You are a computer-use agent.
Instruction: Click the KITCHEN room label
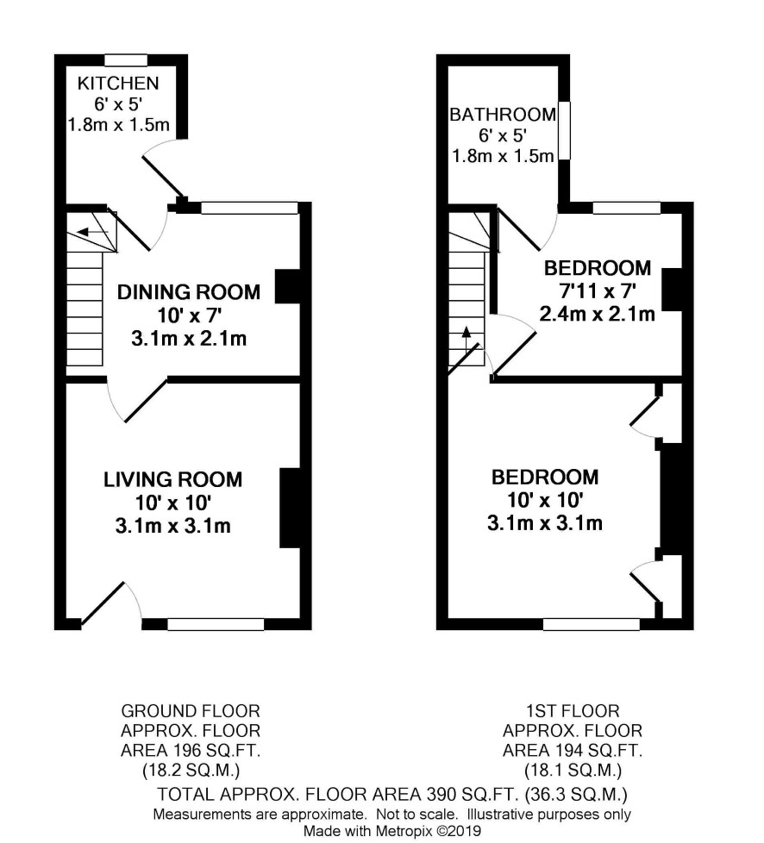point(118,84)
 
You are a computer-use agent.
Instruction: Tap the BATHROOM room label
point(503,115)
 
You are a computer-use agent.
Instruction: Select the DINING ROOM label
point(189,292)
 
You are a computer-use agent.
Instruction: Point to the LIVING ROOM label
point(172,479)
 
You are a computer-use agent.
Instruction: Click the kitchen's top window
point(126,59)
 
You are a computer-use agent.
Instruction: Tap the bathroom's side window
point(564,131)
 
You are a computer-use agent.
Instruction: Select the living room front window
point(216,624)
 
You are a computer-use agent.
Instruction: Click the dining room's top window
point(250,208)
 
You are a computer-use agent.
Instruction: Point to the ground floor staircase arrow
point(92,232)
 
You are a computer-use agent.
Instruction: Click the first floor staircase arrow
point(467,340)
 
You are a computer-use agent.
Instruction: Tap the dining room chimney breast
point(288,286)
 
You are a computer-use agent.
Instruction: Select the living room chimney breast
point(290,508)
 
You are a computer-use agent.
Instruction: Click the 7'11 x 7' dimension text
point(598,291)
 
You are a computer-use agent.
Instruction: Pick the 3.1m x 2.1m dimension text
point(189,339)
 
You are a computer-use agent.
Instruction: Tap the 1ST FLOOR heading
point(573,711)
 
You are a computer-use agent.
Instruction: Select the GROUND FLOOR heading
point(191,711)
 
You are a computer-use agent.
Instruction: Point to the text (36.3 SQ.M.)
point(576,794)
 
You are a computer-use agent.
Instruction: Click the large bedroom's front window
point(592,624)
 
